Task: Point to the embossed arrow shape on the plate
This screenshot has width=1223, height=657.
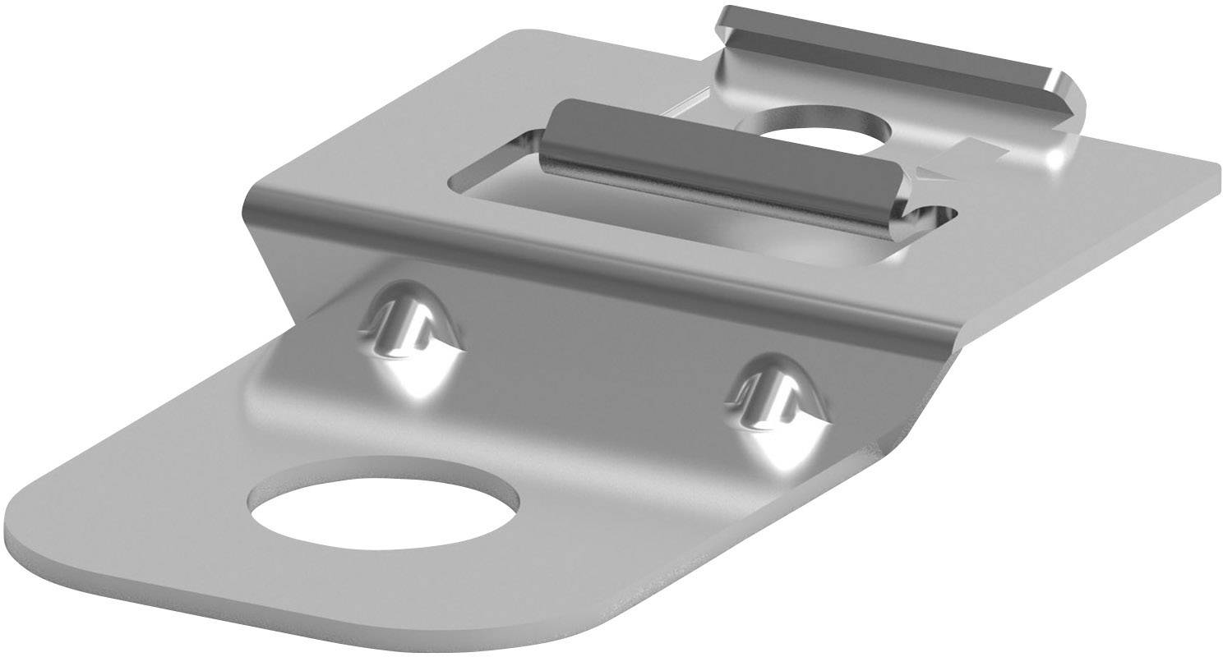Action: click(966, 158)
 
